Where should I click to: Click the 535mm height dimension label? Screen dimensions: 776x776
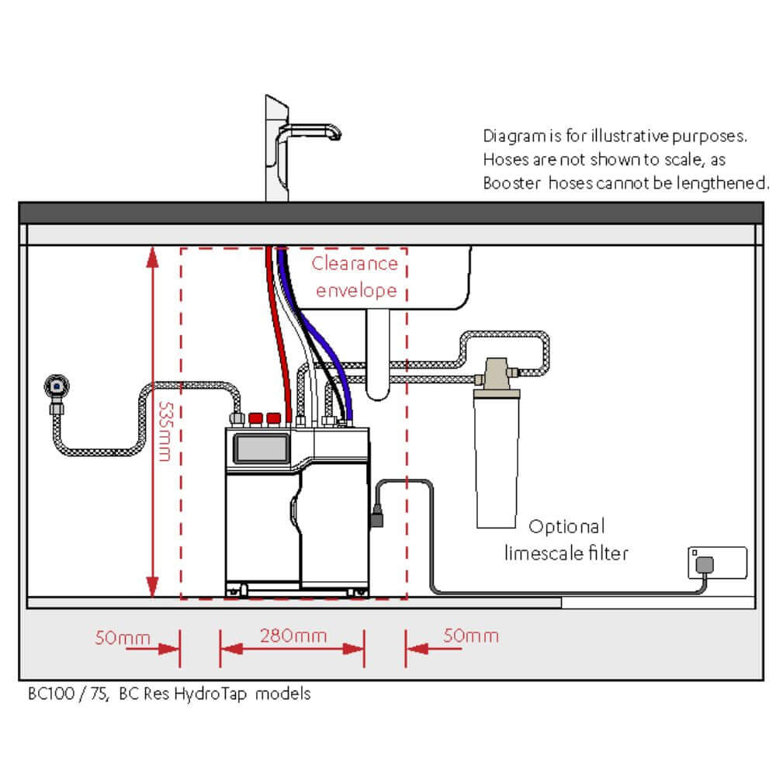point(163,431)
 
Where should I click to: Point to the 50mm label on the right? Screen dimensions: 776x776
point(470,636)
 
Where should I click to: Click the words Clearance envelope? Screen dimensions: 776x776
point(355,277)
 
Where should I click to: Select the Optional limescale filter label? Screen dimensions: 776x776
point(566,540)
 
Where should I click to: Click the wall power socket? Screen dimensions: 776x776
point(717,563)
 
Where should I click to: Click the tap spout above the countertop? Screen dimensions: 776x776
point(310,132)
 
